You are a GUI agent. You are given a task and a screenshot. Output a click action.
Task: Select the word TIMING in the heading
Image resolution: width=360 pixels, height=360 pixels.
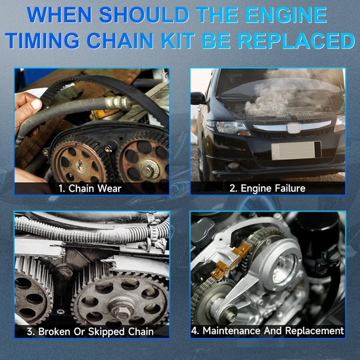(x=57, y=41)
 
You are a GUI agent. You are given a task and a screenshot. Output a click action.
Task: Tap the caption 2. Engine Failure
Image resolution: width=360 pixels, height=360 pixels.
(x=267, y=188)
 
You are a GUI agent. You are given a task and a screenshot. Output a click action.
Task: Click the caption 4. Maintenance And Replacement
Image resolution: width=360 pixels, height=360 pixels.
(x=267, y=331)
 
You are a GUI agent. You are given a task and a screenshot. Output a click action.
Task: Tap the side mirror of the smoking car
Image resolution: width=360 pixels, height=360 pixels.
(x=197, y=98)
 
